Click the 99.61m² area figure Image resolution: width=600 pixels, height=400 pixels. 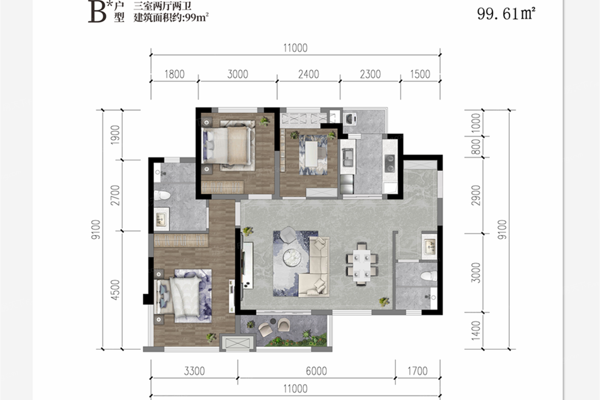click(x=506, y=14)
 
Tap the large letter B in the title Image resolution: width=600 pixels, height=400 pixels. click(x=97, y=12)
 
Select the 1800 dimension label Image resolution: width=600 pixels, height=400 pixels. click(x=174, y=74)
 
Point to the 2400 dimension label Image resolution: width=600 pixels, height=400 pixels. click(x=309, y=74)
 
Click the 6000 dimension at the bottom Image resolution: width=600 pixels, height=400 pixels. click(x=316, y=371)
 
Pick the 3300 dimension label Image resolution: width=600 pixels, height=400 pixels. click(x=195, y=371)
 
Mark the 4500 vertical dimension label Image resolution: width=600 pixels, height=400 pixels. click(x=115, y=290)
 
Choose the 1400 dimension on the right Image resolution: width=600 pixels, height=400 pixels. click(x=476, y=331)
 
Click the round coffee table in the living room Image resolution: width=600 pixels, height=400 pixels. click(x=292, y=258)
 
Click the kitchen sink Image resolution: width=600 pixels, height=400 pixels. click(x=348, y=157)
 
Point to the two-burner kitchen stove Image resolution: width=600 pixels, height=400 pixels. click(x=390, y=163)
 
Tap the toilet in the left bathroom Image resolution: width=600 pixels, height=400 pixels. click(x=162, y=195)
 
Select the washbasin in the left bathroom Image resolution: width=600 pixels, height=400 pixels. click(x=161, y=219)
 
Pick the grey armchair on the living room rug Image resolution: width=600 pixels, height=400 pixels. click(x=288, y=235)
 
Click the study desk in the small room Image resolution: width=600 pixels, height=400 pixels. click(x=312, y=153)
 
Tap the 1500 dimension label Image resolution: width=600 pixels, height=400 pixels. click(x=420, y=74)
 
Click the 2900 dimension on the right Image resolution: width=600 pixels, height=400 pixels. click(x=476, y=195)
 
